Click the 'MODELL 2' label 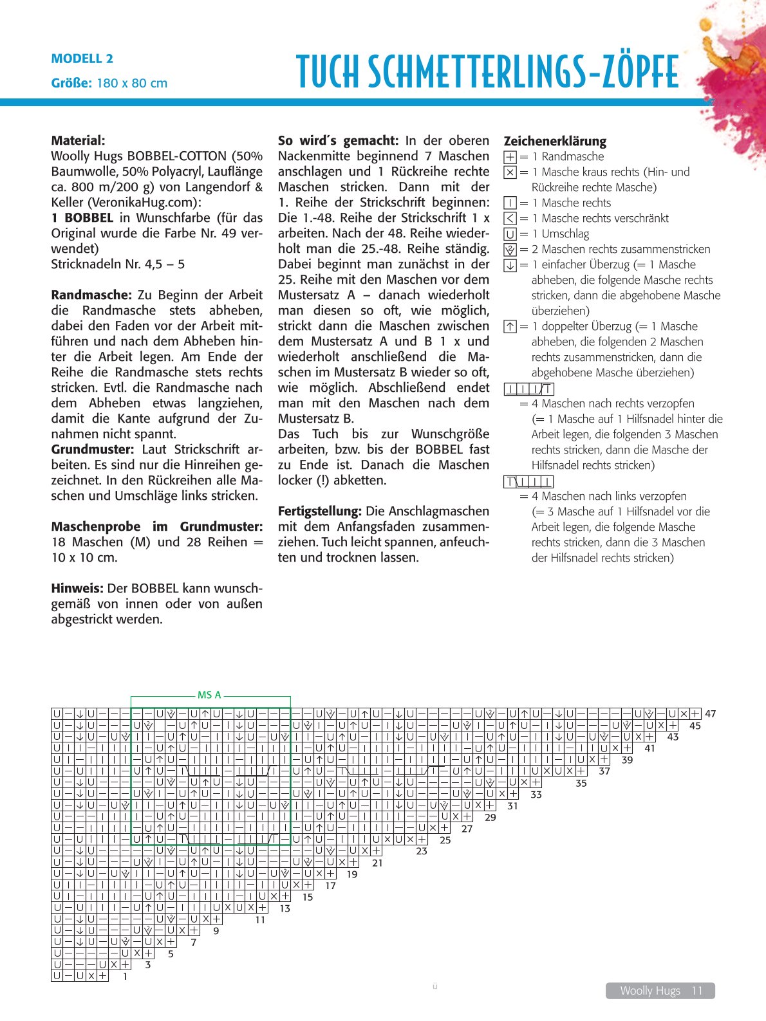click(82, 59)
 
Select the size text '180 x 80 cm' click(132, 83)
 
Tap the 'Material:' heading click(78, 140)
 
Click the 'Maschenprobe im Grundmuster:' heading click(157, 526)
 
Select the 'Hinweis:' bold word click(77, 588)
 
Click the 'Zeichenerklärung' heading click(555, 141)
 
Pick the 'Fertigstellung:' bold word click(320, 511)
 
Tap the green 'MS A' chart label click(209, 695)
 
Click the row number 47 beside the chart click(711, 713)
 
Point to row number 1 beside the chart click(125, 976)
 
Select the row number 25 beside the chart click(445, 840)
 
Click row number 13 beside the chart click(285, 908)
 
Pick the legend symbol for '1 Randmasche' click(510, 156)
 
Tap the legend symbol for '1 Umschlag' click(510, 234)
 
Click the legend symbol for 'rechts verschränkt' click(510, 218)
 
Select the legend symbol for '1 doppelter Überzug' click(510, 326)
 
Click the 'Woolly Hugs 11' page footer click(660, 991)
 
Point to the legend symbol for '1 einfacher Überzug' click(510, 264)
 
